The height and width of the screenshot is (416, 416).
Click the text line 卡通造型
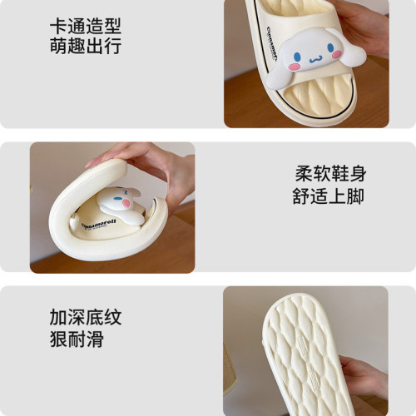(x=86, y=26)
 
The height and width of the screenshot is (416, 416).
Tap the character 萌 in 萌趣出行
(x=59, y=46)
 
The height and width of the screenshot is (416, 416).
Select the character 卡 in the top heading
(x=59, y=26)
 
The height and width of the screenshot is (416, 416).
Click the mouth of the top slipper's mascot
(x=316, y=60)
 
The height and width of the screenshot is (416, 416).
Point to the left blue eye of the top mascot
(x=297, y=57)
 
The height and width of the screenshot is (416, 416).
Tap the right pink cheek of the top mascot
(x=337, y=55)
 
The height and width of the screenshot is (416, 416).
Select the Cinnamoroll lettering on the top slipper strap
(x=271, y=43)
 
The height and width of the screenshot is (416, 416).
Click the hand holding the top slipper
(x=364, y=27)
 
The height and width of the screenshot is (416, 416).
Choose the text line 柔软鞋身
(x=330, y=174)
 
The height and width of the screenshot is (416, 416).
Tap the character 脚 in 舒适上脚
(x=355, y=196)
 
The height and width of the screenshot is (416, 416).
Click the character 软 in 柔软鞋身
(x=321, y=174)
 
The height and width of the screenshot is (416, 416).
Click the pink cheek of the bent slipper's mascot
(x=126, y=203)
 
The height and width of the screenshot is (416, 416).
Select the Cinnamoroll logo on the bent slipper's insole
(x=99, y=224)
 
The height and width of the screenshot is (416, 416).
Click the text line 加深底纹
(x=86, y=317)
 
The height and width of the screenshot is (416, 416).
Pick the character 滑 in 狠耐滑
(x=95, y=339)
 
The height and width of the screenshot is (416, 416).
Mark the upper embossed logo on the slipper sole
(x=302, y=345)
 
